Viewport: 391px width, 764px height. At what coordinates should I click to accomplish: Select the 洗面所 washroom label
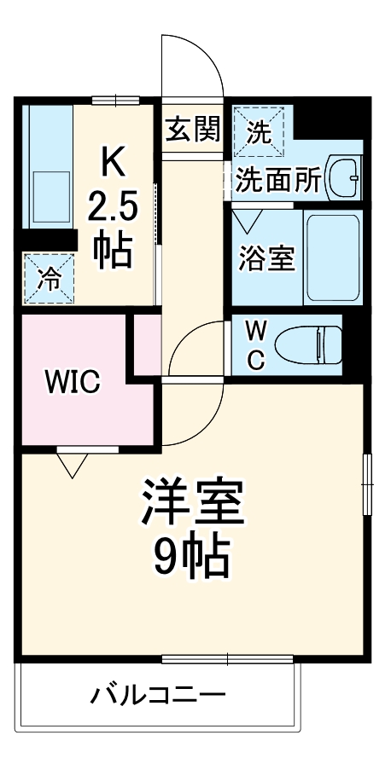(277, 180)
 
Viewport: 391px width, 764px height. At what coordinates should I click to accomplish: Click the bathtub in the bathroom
(332, 258)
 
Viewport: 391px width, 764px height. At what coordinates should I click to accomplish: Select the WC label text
(255, 344)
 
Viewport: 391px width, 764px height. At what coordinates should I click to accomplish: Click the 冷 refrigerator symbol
(48, 279)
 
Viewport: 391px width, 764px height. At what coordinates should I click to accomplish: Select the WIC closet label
(73, 382)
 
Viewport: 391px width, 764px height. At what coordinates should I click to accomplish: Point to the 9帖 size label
(192, 557)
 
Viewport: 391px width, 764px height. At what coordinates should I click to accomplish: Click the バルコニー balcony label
(159, 696)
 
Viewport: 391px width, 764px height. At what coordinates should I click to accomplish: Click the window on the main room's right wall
(368, 483)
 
